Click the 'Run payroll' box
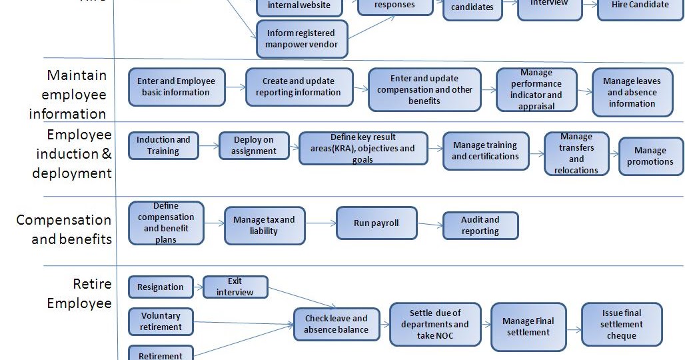(376, 223)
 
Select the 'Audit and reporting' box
(480, 225)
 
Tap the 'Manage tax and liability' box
(264, 226)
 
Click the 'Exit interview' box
(235, 287)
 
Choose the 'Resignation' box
(161, 287)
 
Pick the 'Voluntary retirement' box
(161, 321)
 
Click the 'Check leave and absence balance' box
(336, 324)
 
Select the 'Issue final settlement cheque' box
(621, 324)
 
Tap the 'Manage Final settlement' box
(528, 327)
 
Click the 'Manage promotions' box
(650, 156)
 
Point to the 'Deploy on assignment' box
(254, 145)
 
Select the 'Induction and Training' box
(163, 145)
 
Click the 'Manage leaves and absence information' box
(632, 93)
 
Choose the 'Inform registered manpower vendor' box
(301, 39)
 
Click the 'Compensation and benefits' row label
(65, 229)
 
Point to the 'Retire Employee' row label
(79, 293)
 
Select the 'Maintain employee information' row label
(67, 95)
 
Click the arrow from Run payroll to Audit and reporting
(430, 225)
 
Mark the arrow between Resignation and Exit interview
(198, 287)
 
